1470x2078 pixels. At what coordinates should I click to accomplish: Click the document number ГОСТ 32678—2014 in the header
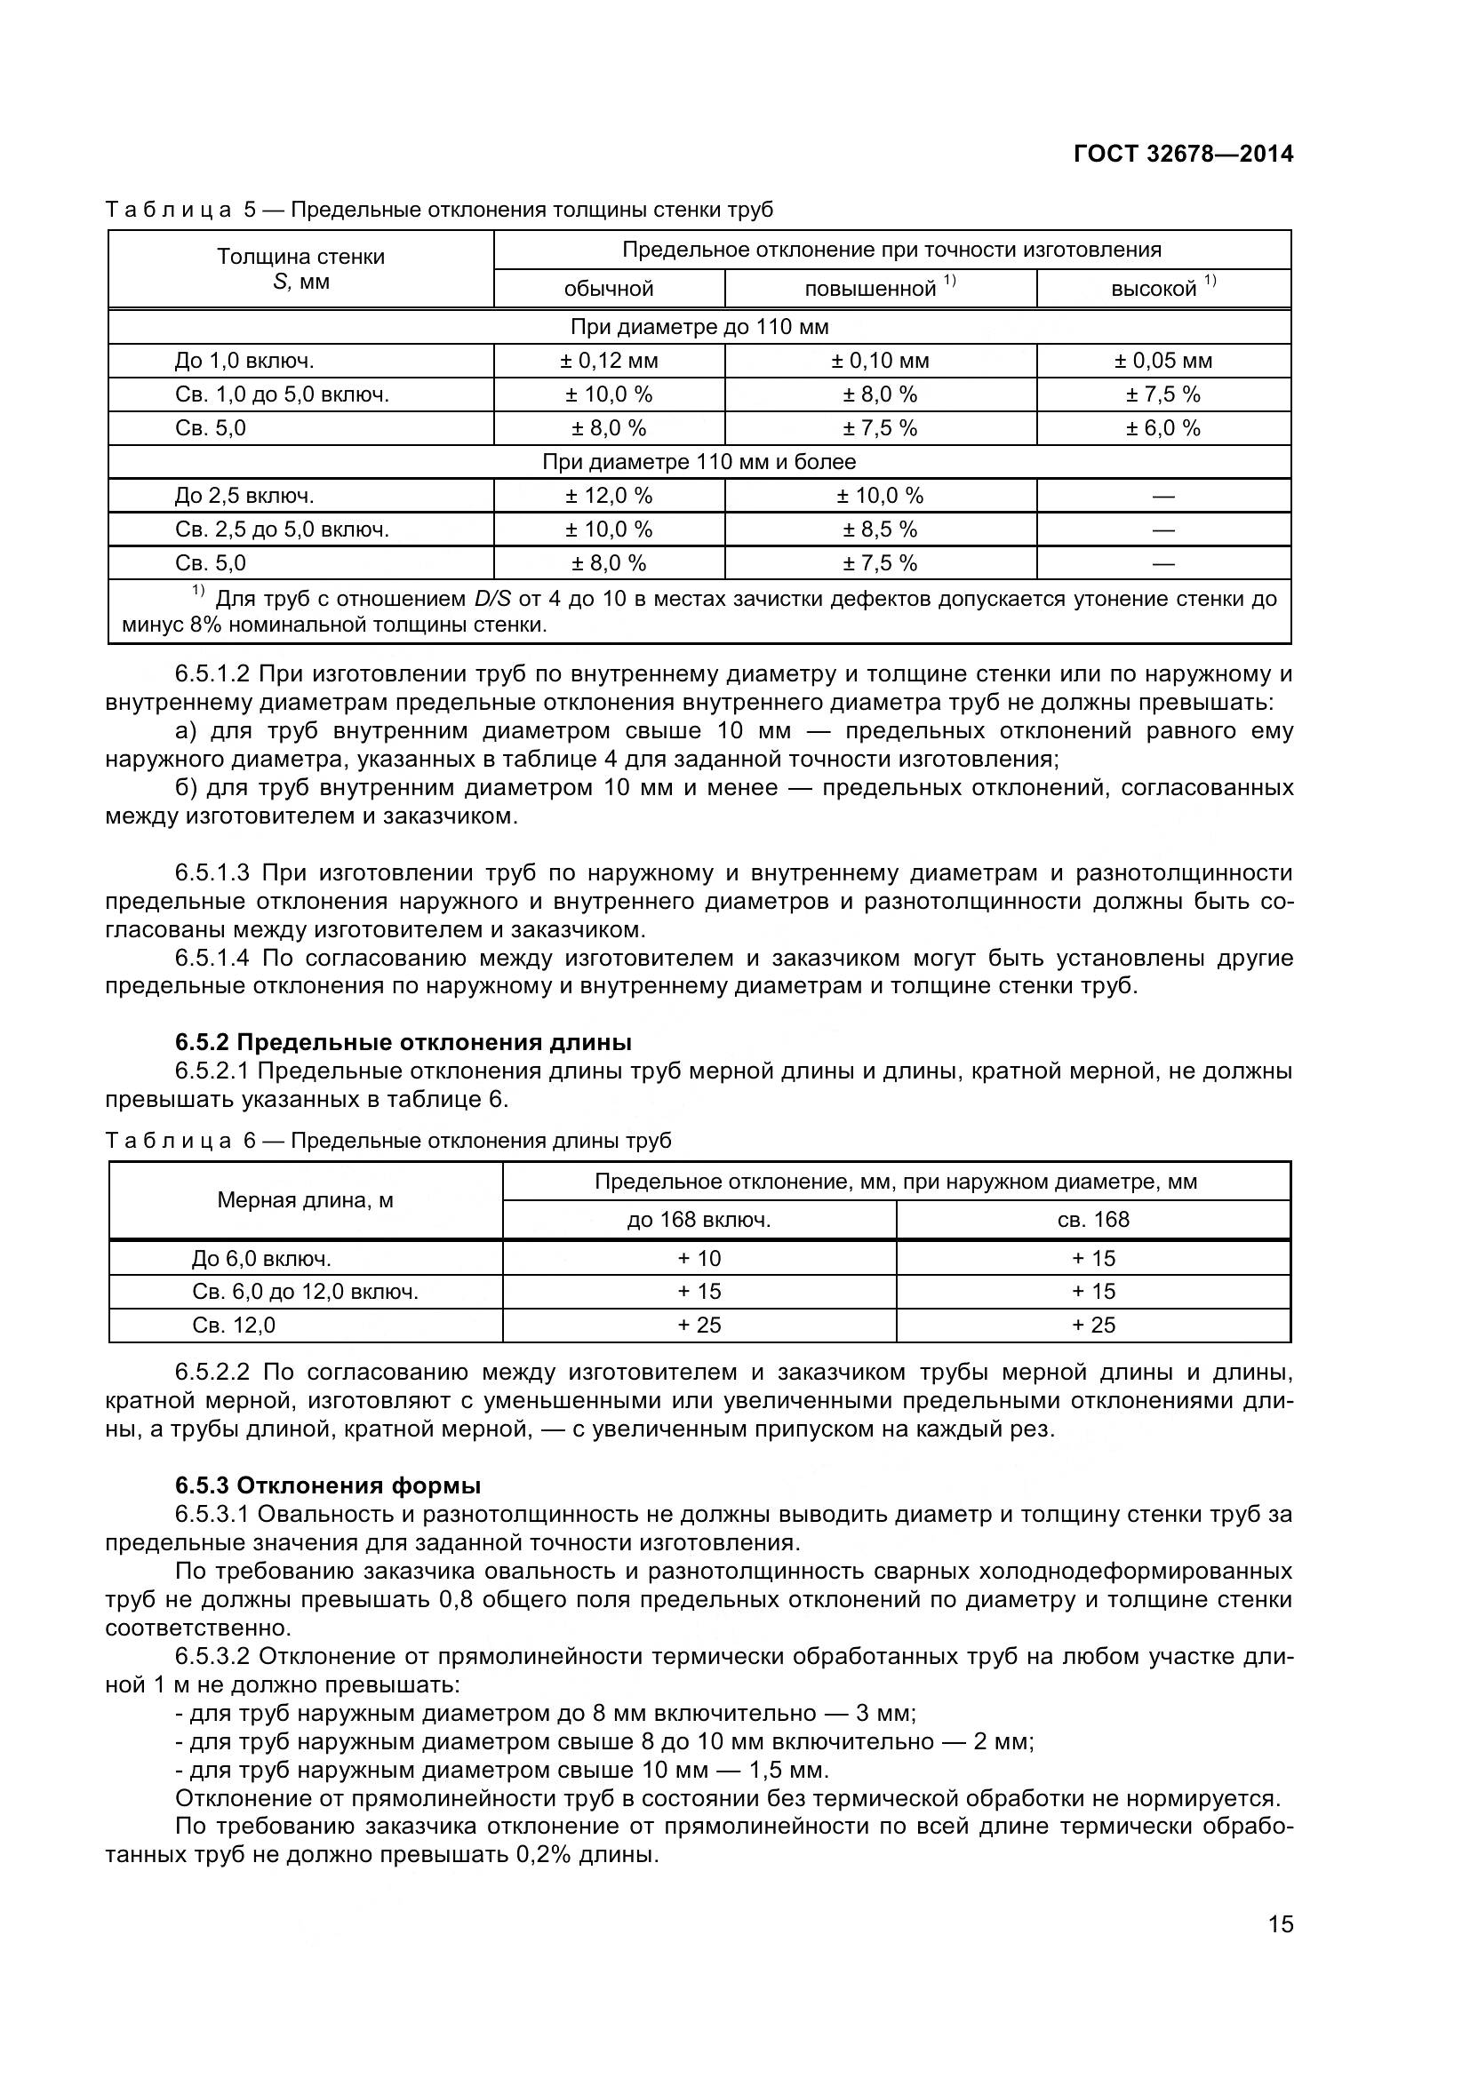[x=1183, y=154]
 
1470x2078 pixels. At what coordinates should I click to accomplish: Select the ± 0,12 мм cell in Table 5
[x=608, y=361]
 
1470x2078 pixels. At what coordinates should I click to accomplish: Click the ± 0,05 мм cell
[x=1162, y=361]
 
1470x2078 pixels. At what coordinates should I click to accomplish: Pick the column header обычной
[x=608, y=289]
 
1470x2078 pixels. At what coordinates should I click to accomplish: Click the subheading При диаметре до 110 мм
[x=699, y=327]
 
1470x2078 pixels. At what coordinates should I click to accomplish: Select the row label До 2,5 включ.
[x=244, y=496]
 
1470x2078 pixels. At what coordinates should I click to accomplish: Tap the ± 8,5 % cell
[x=880, y=529]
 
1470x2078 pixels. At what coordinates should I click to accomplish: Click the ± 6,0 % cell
[x=1162, y=428]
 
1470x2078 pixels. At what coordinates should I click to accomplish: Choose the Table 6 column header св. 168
[x=1092, y=1219]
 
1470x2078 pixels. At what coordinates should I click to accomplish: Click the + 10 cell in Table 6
[x=699, y=1258]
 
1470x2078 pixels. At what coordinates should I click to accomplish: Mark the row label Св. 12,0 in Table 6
[x=234, y=1325]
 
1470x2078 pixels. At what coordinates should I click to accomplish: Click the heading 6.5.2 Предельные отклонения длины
[x=403, y=1042]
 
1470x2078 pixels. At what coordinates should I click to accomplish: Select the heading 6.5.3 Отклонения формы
[x=328, y=1485]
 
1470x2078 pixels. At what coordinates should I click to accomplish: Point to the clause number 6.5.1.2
[x=212, y=673]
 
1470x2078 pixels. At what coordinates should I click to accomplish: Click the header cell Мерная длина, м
[x=305, y=1200]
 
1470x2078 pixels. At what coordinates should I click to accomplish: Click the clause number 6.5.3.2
[x=212, y=1656]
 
